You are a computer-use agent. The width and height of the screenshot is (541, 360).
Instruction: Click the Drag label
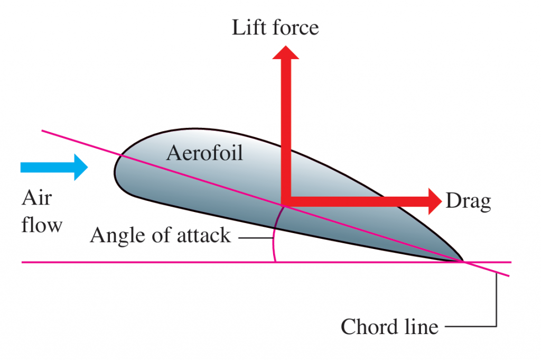[x=469, y=201]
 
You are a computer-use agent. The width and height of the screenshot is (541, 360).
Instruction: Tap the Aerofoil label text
[x=204, y=153]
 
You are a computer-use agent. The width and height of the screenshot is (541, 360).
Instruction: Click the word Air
[x=36, y=198]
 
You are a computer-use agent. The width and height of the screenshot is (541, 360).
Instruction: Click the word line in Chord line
[x=419, y=327]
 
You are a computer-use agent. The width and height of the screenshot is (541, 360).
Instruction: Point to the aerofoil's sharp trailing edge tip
[x=463, y=261]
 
